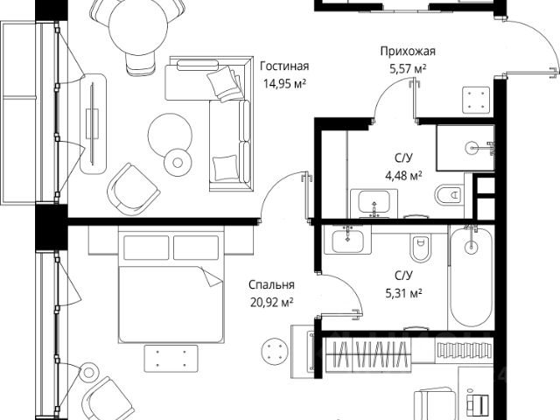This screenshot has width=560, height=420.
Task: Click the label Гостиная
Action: pos(284,66)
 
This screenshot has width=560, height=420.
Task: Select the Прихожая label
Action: pos(407,51)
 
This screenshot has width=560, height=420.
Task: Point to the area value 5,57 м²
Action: pos(407,68)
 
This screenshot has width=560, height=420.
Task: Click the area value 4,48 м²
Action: pos(403,174)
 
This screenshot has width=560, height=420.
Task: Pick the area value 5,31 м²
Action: pos(403,293)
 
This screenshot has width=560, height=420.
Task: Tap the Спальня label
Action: pos(269,284)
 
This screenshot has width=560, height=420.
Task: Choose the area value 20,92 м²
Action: pos(269,302)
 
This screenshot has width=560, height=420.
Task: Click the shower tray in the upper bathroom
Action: pos(465,147)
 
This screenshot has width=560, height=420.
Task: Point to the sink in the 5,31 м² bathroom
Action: pos(349,240)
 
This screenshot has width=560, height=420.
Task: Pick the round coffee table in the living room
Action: pos(169,134)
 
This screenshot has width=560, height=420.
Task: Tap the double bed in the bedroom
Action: pos(170,284)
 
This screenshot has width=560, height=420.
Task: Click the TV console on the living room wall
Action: pos(93,122)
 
